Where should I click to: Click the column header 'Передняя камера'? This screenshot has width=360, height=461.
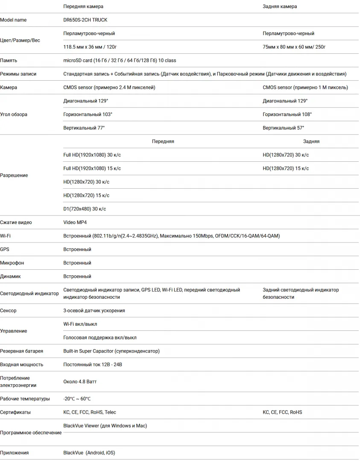coord(83,6)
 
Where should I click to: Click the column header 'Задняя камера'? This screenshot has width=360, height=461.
coord(280,6)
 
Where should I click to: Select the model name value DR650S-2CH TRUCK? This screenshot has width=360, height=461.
coord(85,20)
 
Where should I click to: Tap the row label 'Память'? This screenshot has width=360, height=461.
coord(9,61)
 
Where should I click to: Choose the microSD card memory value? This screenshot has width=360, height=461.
coord(120,61)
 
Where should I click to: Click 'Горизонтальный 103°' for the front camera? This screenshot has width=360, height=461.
coord(88,114)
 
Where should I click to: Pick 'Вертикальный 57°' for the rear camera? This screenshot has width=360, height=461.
coord(284,128)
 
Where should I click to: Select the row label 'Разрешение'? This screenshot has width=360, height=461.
coord(14,175)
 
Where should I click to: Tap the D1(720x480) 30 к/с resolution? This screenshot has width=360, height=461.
coord(85,209)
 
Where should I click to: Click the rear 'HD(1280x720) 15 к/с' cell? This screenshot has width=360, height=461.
coord(286,168)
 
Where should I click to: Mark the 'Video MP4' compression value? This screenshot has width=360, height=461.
coord(75,222)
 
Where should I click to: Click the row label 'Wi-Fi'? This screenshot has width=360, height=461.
coord(6,236)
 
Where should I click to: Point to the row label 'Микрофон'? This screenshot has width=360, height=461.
coord(12,263)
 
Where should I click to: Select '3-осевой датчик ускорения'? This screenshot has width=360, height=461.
coord(94,311)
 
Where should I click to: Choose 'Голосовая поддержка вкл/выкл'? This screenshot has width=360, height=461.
coord(100,338)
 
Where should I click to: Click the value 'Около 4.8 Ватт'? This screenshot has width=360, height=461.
coord(80,382)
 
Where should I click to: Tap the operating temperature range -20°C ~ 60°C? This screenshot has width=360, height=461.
coord(77,399)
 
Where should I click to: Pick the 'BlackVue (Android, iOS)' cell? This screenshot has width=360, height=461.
coord(89,452)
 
